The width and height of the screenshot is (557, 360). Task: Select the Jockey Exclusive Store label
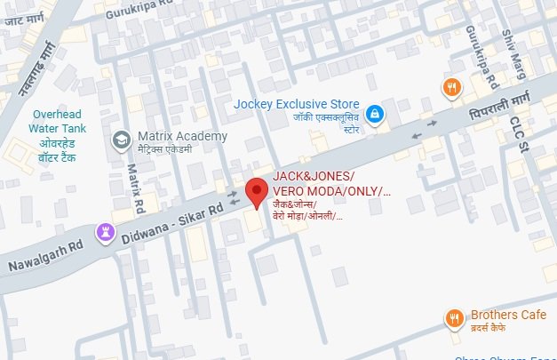pyautogui.click(x=297, y=103)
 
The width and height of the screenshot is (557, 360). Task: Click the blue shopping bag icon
pyautogui.click(x=376, y=114)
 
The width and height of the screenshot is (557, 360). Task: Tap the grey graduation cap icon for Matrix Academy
pyautogui.click(x=120, y=140)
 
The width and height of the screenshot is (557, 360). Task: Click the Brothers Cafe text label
pyautogui.click(x=506, y=315)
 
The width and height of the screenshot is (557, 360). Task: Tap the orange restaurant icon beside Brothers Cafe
pyautogui.click(x=454, y=316)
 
